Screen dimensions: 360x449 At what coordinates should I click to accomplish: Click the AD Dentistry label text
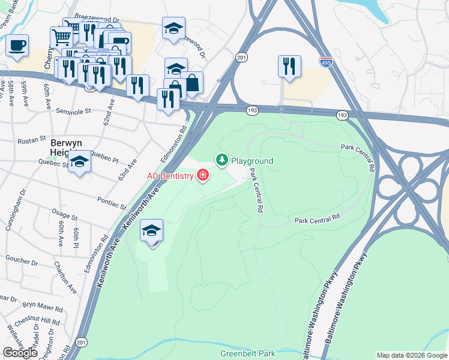[x=171, y=176]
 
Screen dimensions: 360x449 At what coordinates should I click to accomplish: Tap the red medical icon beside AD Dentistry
[x=203, y=176]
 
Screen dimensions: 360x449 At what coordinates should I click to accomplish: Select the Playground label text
[x=252, y=161]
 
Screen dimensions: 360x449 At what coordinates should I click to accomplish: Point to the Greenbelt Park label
[x=247, y=353]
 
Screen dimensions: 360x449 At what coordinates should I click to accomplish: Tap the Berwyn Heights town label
[x=65, y=148]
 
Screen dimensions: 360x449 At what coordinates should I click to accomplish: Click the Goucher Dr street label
[x=22, y=263]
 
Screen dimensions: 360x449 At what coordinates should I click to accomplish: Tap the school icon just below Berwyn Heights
[x=79, y=162]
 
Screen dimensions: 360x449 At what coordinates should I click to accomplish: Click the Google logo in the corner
[x=20, y=353]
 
